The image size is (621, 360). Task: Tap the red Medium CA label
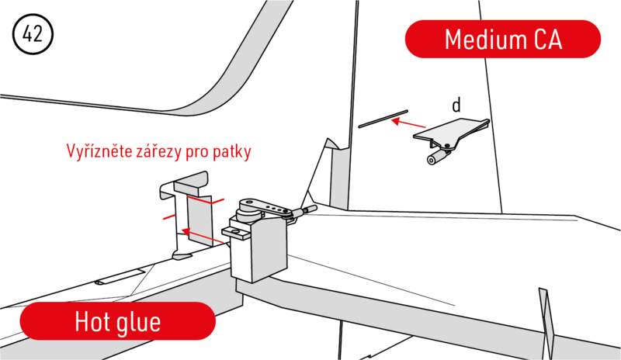coord(502,39)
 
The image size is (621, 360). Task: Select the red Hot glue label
coord(117,321)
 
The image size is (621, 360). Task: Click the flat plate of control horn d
coord(449,129)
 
